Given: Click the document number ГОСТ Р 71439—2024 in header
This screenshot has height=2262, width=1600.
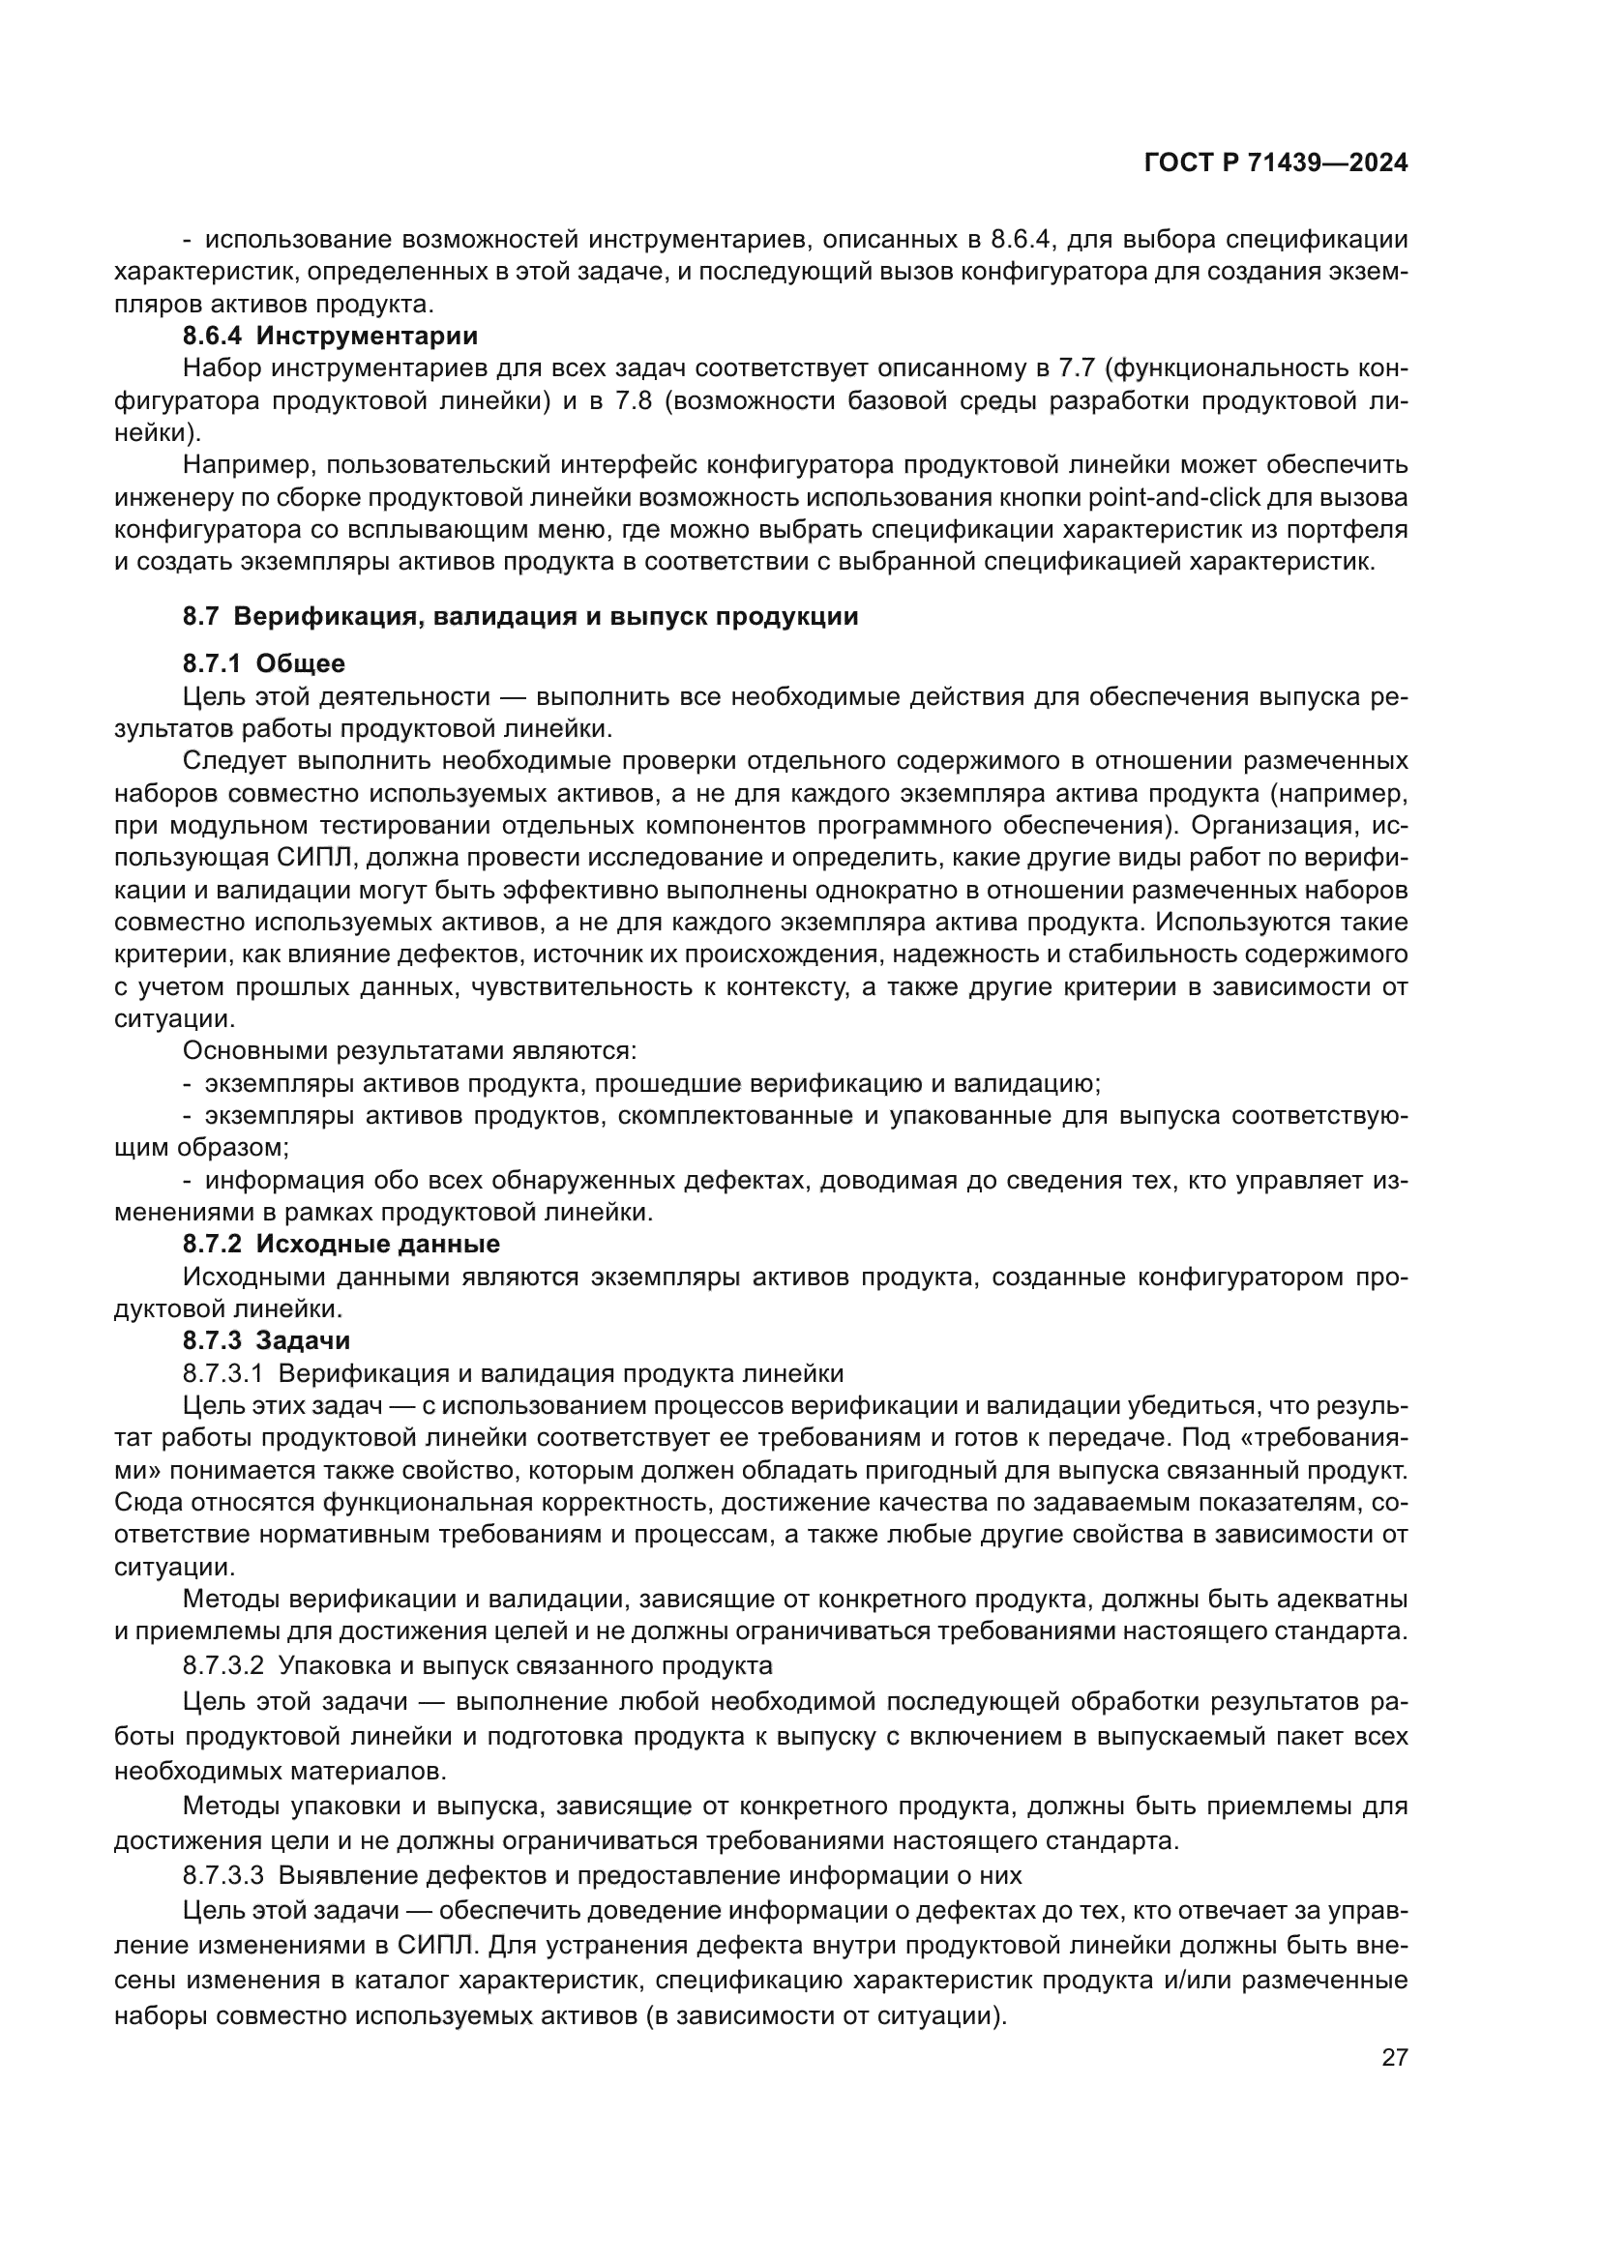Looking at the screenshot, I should [x=1275, y=163].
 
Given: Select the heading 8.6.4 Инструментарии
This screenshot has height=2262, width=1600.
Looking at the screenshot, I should [x=330, y=336].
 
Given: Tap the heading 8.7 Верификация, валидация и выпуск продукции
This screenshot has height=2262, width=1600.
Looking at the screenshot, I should [x=520, y=617].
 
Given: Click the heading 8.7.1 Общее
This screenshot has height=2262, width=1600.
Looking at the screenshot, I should [x=263, y=664].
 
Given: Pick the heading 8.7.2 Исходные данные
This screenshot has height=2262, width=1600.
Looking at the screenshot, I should [x=341, y=1244].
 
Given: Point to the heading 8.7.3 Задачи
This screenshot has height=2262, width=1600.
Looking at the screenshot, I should [x=266, y=1339].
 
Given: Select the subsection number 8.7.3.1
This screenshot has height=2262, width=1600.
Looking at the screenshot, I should [x=222, y=1373].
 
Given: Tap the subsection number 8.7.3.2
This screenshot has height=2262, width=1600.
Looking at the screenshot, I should [x=222, y=1666].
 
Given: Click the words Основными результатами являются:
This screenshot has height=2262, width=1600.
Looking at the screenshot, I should [x=410, y=1051].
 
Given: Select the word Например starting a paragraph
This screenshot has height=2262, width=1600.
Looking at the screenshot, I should [x=247, y=464].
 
